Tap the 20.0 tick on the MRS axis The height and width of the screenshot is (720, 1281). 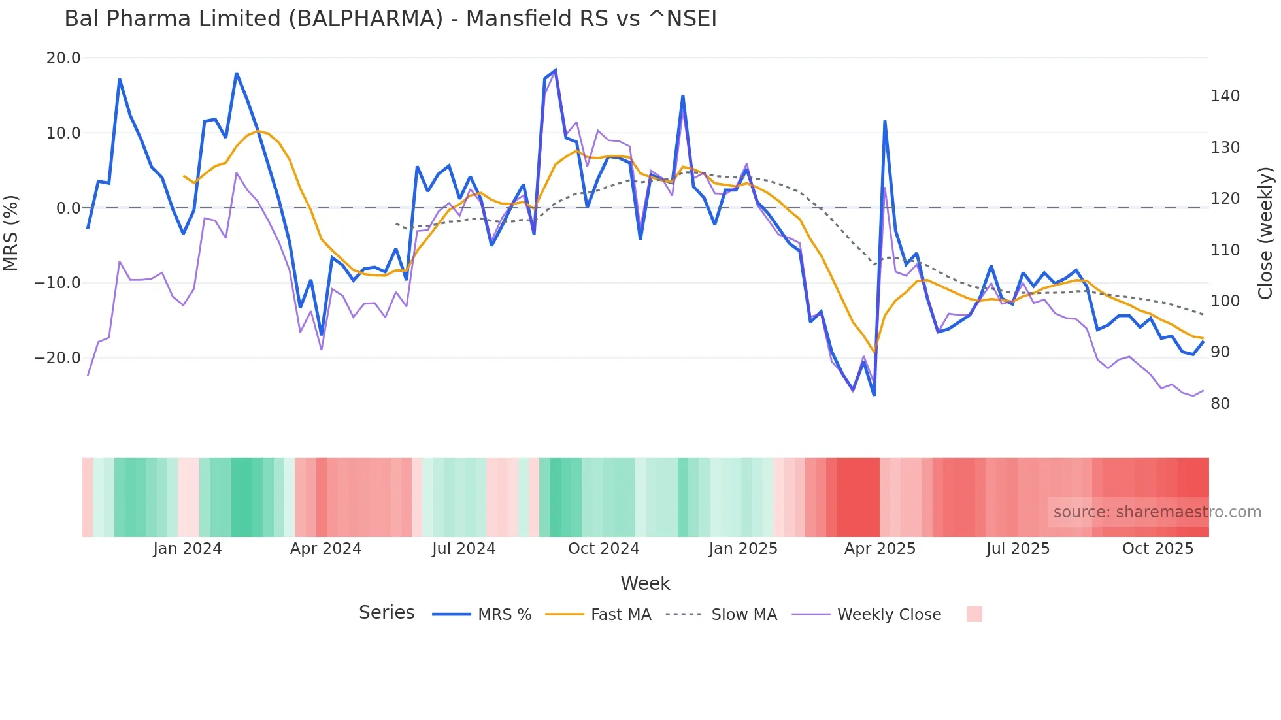[x=63, y=58]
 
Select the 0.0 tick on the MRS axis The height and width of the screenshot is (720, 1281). [x=68, y=208]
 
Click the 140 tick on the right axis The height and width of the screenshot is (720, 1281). [x=1225, y=96]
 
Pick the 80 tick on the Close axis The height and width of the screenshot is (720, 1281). [x=1220, y=404]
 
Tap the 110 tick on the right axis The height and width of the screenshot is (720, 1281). [x=1225, y=250]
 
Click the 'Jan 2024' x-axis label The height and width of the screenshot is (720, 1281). [x=188, y=549]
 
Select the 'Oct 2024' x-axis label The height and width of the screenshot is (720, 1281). [x=603, y=549]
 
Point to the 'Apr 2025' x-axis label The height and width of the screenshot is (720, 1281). [x=880, y=549]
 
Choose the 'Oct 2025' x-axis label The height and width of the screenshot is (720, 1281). [x=1157, y=549]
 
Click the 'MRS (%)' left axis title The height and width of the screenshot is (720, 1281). [x=11, y=233]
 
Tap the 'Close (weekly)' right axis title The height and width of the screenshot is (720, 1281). [x=1265, y=233]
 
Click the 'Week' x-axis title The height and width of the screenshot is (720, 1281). [x=645, y=583]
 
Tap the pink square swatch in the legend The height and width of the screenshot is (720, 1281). [x=974, y=614]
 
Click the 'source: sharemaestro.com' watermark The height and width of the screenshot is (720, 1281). [x=1157, y=512]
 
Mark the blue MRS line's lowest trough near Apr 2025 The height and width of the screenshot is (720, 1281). [x=874, y=395]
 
